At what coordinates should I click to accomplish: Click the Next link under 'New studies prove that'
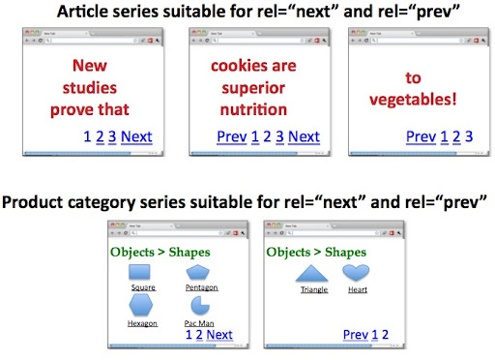click(x=136, y=136)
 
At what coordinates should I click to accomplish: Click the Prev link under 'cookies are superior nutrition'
click(x=232, y=136)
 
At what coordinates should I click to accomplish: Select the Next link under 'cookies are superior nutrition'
click(x=304, y=136)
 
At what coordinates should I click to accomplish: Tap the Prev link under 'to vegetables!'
click(x=421, y=136)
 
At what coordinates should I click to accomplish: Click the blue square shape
click(x=142, y=273)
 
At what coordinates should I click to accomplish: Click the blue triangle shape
click(x=313, y=274)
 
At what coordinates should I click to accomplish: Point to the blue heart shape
click(x=357, y=273)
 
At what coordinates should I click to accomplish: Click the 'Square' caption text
click(x=143, y=287)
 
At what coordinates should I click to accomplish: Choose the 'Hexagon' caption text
click(x=142, y=323)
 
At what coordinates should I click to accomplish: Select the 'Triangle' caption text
click(x=314, y=289)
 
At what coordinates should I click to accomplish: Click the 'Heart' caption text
click(x=358, y=289)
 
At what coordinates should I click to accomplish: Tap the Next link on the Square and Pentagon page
click(x=219, y=335)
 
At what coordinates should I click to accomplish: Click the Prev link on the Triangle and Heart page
click(x=356, y=335)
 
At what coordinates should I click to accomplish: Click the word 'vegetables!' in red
click(x=417, y=99)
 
